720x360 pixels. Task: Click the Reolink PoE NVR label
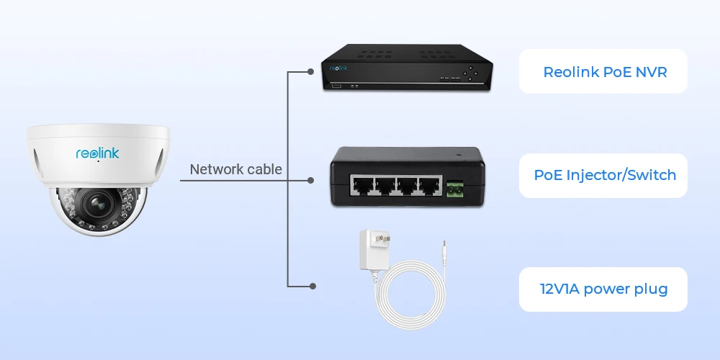(604, 72)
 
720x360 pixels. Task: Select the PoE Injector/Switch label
(605, 175)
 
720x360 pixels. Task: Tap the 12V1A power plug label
(604, 289)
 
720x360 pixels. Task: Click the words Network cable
(235, 169)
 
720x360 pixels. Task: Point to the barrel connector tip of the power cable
(444, 249)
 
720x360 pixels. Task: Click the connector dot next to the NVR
(310, 72)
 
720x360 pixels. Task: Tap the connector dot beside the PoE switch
(310, 180)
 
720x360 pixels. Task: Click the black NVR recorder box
(407, 68)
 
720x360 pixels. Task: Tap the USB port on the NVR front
(336, 87)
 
